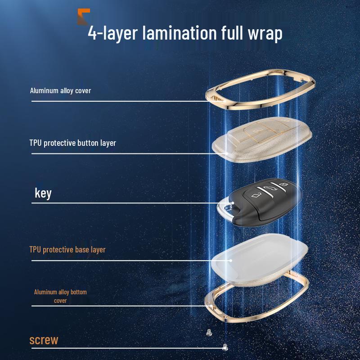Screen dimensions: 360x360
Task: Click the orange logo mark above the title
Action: click(x=83, y=17)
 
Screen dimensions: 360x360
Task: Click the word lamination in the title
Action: click(x=180, y=33)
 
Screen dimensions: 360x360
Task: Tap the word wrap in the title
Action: click(x=265, y=35)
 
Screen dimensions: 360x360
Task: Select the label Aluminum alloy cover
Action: click(x=60, y=91)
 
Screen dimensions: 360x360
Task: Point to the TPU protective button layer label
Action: click(x=72, y=143)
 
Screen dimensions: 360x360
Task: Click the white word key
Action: click(x=43, y=193)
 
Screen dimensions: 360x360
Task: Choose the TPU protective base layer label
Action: click(x=67, y=250)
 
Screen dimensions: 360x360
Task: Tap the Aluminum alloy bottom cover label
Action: click(x=60, y=296)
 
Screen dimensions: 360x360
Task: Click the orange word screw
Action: click(x=44, y=340)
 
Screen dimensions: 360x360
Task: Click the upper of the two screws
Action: click(x=209, y=333)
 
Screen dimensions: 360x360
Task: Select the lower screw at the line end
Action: click(x=225, y=347)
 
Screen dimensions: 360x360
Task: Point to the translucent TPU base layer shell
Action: click(x=260, y=260)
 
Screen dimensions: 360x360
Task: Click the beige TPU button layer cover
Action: click(x=262, y=139)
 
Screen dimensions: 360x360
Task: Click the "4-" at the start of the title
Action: click(x=95, y=33)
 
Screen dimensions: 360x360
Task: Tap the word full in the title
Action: click(x=232, y=33)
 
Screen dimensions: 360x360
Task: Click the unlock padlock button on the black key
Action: click(x=256, y=195)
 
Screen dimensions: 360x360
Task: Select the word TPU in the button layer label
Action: click(x=35, y=143)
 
